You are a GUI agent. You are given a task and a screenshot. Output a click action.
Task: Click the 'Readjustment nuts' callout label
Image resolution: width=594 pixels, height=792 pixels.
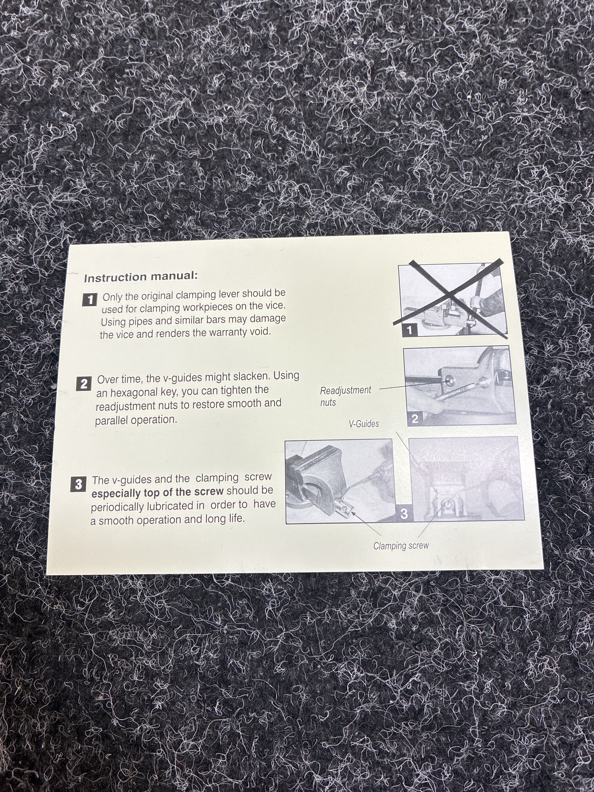[x=346, y=396]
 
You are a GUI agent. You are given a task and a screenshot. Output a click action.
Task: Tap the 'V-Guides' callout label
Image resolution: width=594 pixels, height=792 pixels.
[x=364, y=424]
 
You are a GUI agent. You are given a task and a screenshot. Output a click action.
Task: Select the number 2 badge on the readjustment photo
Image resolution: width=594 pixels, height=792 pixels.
[x=415, y=419]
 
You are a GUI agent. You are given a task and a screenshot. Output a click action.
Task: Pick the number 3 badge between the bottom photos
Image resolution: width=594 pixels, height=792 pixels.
[x=404, y=514]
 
